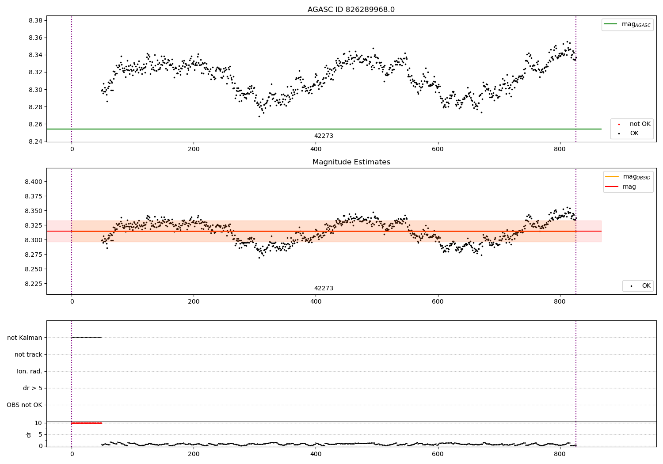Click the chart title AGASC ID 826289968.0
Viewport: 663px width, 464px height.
pyautogui.click(x=351, y=10)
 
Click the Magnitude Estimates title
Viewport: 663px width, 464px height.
pyautogui.click(x=351, y=162)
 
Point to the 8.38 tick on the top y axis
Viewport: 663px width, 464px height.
pyautogui.click(x=35, y=21)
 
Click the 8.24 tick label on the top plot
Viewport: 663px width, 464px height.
pyautogui.click(x=35, y=141)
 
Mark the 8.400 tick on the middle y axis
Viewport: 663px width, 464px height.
pyautogui.click(x=33, y=182)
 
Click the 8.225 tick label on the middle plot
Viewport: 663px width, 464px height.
pyautogui.click(x=33, y=284)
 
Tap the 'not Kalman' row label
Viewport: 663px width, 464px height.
pyautogui.click(x=25, y=338)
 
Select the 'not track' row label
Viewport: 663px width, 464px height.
pyautogui.click(x=28, y=354)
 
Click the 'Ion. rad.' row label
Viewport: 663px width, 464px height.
pyautogui.click(x=30, y=371)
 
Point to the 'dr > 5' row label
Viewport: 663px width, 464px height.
pyautogui.click(x=32, y=388)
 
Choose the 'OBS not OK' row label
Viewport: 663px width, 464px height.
pyautogui.click(x=24, y=405)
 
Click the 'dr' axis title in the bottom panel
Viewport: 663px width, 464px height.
pyautogui.click(x=29, y=434)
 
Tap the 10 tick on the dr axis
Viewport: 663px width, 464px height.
pyautogui.click(x=38, y=423)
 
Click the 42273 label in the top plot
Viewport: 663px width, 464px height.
pyautogui.click(x=324, y=136)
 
